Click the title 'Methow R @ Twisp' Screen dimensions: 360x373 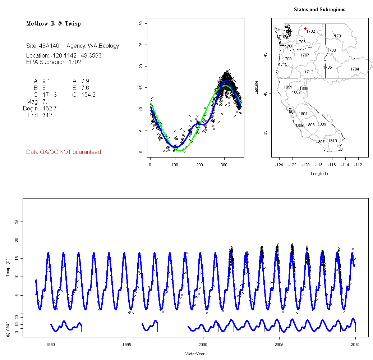pos(54,24)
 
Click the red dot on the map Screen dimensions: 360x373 pos(305,28)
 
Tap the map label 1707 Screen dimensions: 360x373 pos(305,55)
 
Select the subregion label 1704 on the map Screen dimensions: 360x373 pos(355,69)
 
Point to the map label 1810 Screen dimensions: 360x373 pos(333,141)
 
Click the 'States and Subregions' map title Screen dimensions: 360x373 pos(319,10)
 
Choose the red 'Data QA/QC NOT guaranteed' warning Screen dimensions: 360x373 pos(64,152)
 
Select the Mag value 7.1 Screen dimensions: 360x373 pos(46,102)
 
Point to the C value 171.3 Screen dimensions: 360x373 pos(49,95)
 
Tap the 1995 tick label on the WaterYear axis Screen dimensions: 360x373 pos(127,344)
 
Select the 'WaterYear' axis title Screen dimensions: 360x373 pos(195,354)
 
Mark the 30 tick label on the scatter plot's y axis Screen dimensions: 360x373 pos(141,23)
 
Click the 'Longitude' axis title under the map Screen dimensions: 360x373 pos(319,174)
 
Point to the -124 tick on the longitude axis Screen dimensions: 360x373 pos(279,165)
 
